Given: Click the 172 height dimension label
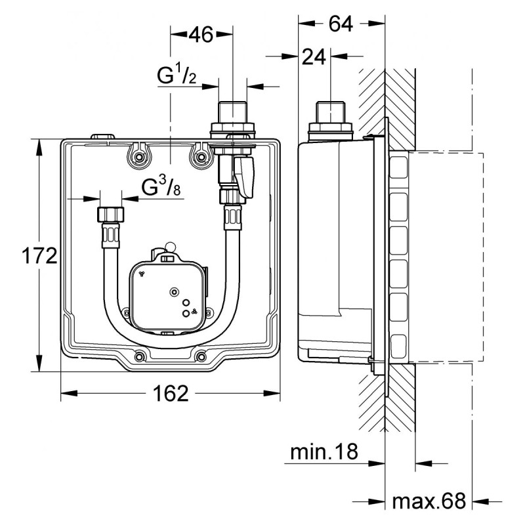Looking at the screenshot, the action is pyautogui.click(x=39, y=256).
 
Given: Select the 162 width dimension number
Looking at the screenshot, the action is pyautogui.click(x=171, y=393).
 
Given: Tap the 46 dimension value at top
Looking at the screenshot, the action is pyautogui.click(x=201, y=34).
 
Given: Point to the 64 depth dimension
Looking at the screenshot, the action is pyautogui.click(x=341, y=24).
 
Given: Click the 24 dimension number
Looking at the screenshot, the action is pyautogui.click(x=314, y=56).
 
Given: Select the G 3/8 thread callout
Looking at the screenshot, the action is pyautogui.click(x=161, y=187).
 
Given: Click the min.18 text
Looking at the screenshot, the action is pyautogui.click(x=324, y=451).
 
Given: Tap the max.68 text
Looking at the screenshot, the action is pyautogui.click(x=429, y=501).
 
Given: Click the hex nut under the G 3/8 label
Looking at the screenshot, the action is pyautogui.click(x=111, y=215).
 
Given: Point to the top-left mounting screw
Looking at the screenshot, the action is pyautogui.click(x=138, y=157).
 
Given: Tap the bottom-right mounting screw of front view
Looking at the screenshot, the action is pyautogui.click(x=201, y=357).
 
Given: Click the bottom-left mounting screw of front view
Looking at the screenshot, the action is pyautogui.click(x=140, y=357).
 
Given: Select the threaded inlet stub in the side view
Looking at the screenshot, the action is pyautogui.click(x=331, y=112).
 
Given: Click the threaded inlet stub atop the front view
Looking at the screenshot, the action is pyautogui.click(x=232, y=112).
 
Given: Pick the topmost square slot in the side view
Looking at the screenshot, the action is pyautogui.click(x=399, y=167).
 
